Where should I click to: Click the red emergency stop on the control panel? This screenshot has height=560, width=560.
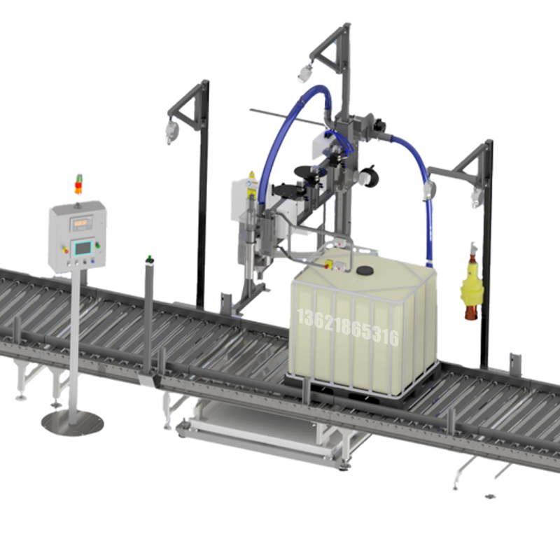[65, 250]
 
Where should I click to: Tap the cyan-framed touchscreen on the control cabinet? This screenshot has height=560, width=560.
[83, 248]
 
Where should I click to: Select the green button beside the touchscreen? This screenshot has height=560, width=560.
[97, 246]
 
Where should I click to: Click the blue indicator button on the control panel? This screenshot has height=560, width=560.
[93, 261]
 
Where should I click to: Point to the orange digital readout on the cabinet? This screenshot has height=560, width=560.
[80, 223]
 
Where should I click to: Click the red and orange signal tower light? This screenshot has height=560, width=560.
[78, 185]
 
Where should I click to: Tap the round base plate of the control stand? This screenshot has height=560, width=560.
[73, 423]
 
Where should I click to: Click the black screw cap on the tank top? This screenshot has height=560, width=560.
[365, 271]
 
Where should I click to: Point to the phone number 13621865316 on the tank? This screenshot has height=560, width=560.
[347, 328]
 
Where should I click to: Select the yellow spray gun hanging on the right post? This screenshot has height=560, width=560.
[471, 283]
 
